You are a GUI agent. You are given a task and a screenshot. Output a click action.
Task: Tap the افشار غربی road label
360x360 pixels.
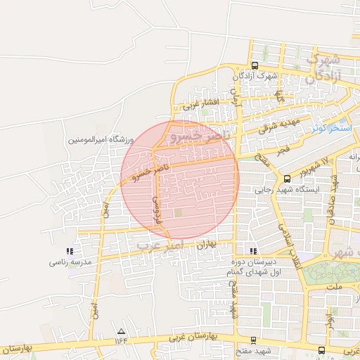pyautogui.click(x=202, y=104)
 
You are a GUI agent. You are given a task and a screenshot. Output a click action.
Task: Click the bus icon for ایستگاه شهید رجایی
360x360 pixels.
pyautogui.click(x=287, y=179)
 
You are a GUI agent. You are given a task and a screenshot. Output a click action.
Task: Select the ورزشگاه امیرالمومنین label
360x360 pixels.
pyautogui.click(x=100, y=140)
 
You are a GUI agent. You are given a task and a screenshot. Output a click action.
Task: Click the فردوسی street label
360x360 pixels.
pyautogui.click(x=157, y=205)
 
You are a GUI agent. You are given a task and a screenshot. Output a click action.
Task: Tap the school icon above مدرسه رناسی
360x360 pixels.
pyautogui.click(x=69, y=251)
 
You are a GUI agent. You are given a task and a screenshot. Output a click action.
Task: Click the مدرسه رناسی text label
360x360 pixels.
pyautogui.click(x=69, y=262)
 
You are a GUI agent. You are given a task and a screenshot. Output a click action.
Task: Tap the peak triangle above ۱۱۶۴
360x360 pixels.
pyautogui.click(x=122, y=330)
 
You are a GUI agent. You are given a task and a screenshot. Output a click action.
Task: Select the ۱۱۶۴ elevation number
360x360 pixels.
pyautogui.click(x=122, y=341)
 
